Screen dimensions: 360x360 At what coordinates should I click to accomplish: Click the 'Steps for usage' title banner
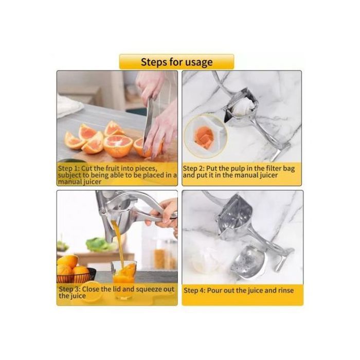coord(176,62)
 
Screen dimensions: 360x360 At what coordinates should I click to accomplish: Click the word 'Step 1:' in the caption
coord(68,168)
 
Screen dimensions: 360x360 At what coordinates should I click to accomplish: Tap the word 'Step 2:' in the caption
coord(193,169)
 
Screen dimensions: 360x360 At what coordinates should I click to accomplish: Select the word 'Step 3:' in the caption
coord(69,289)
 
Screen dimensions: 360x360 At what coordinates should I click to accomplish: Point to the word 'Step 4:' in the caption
coord(194,291)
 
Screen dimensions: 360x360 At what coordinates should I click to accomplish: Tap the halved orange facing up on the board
coord(118,146)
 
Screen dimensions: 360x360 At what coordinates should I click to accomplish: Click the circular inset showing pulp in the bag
coord(206,136)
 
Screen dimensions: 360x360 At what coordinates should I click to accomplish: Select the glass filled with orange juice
coord(124,279)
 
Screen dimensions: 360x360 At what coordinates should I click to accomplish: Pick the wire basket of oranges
coord(76,276)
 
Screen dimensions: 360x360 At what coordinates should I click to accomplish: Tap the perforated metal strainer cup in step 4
coord(248,262)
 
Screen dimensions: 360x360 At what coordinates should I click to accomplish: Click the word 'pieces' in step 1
coord(146,169)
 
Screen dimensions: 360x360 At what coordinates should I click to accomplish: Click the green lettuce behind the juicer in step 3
coord(101,244)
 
